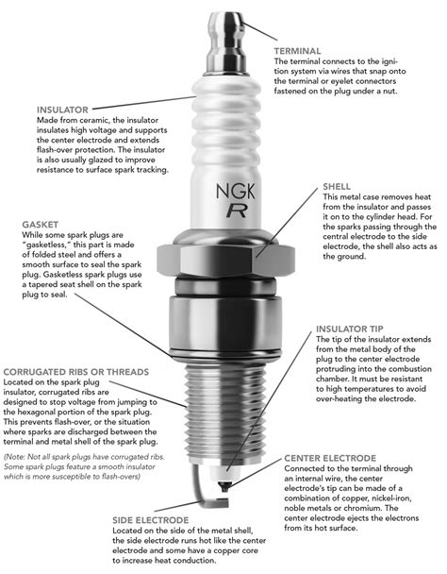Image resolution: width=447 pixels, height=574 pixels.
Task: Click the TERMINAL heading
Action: pyautogui.click(x=301, y=48)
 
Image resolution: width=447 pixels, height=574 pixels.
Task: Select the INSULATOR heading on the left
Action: pyautogui.click(x=65, y=109)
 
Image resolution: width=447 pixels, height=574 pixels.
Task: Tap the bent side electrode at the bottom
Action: pyautogui.click(x=209, y=486)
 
